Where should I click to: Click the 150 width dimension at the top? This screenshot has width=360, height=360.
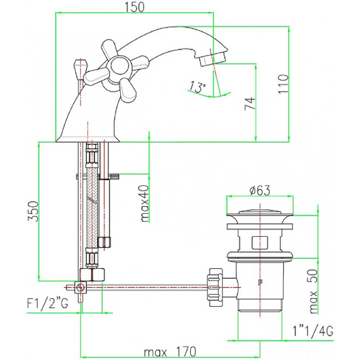(135, 7)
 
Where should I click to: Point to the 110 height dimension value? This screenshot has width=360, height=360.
(283, 84)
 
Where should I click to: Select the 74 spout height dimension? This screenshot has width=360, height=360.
(250, 103)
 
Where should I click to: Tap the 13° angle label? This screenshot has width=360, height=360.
(197, 86)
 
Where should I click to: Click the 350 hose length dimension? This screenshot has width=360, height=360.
(33, 211)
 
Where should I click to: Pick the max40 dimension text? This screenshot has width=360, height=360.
(144, 203)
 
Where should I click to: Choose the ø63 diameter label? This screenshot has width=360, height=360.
(260, 190)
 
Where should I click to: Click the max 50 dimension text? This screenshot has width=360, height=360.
(313, 291)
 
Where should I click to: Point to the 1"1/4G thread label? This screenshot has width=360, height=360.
(313, 331)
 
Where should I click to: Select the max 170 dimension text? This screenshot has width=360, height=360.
(170, 351)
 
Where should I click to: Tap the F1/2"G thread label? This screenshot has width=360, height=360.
(48, 303)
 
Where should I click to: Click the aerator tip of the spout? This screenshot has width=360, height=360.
(212, 59)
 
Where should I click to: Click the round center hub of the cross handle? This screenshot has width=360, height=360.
(119, 65)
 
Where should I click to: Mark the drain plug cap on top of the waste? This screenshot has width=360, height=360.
(260, 211)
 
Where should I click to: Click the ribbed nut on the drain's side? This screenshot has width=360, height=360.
(215, 287)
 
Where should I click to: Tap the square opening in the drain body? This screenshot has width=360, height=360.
(260, 242)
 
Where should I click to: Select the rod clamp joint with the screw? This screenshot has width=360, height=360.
(81, 287)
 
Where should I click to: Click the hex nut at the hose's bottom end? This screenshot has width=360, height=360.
(92, 275)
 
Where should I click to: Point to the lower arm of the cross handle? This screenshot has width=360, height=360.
(127, 90)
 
